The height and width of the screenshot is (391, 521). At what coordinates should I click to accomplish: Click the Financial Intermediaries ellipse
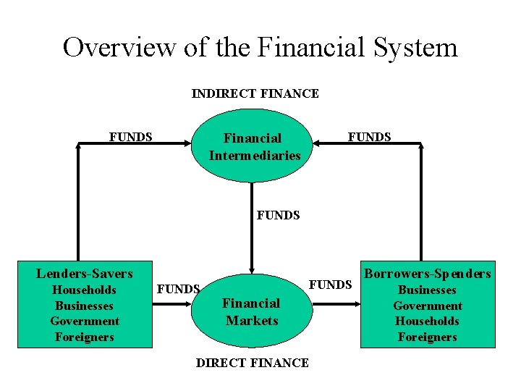pos(253,146)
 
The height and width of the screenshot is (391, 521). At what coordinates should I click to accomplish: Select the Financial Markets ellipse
pos(251,311)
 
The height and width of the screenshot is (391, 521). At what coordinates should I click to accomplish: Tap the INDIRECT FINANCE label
pos(255,93)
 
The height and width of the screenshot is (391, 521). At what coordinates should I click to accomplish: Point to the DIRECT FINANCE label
pos(252,363)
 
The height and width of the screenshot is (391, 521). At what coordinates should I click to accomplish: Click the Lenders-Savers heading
pos(85,274)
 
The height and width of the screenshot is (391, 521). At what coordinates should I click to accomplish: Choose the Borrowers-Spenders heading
pos(427,274)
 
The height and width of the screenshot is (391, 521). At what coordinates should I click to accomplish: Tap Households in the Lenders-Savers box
pos(85,290)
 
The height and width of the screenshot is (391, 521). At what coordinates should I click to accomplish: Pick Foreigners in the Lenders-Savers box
pos(85,337)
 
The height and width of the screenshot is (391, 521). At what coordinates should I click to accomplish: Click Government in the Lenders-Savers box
pos(85,321)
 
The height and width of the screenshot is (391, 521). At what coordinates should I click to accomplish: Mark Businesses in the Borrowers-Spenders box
pos(428,290)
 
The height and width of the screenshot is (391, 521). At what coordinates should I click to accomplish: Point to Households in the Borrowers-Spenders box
pos(428,321)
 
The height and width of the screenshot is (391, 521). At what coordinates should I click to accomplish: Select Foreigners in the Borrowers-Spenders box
pos(428,337)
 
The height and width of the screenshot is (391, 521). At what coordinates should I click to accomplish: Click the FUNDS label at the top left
pos(130,137)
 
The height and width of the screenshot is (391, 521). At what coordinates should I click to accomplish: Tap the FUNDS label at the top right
pos(369,137)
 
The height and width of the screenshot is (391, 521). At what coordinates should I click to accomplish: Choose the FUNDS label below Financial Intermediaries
pos(278,215)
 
